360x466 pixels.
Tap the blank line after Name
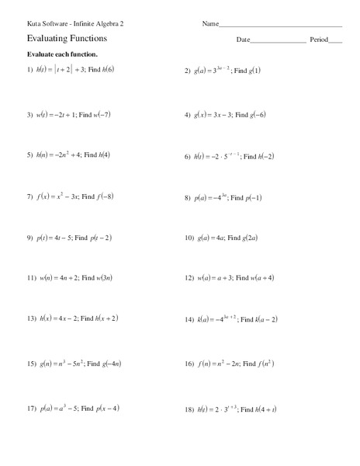282,25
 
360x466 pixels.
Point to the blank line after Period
336,40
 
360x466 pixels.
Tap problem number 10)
189,238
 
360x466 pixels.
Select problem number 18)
189,409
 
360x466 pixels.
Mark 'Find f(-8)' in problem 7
108,197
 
